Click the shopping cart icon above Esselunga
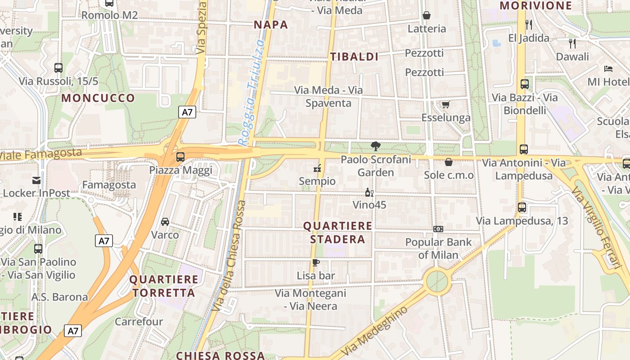tap(445, 105)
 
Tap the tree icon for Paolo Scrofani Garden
tap(375, 146)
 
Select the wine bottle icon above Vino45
tap(369, 192)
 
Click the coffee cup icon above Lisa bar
tap(316, 262)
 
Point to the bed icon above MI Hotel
tap(608, 69)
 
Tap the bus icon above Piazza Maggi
tap(180, 157)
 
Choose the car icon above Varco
tap(165, 222)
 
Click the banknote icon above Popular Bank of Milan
tap(438, 229)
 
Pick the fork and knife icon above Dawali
tap(572, 44)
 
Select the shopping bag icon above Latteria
tap(427, 16)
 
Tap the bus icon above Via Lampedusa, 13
tap(522, 207)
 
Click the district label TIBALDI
tap(354, 57)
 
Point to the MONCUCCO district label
tap(98, 98)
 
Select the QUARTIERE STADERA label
tap(337, 232)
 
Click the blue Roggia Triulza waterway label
tap(252, 92)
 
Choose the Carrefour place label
tap(139, 322)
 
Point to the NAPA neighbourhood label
tap(271, 25)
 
